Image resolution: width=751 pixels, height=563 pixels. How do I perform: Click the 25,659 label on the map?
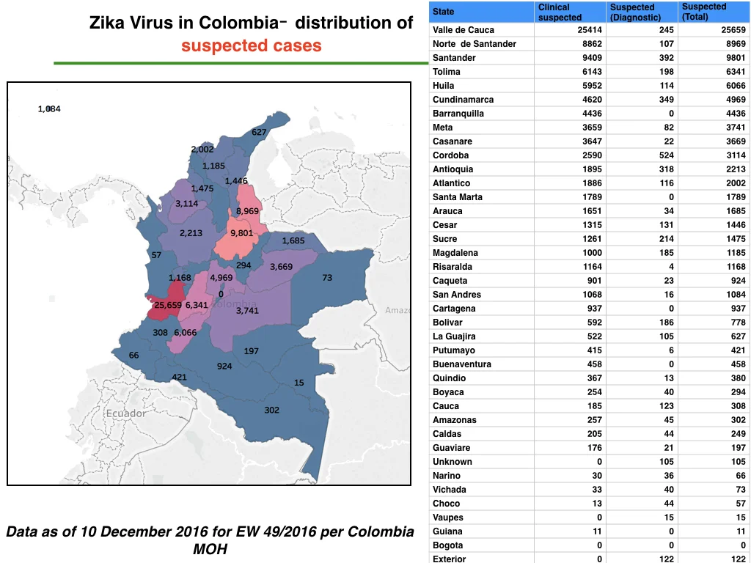[x=168, y=305]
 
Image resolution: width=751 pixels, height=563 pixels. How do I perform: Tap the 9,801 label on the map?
[x=241, y=232]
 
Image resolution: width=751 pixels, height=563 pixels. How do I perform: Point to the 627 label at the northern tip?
[x=259, y=132]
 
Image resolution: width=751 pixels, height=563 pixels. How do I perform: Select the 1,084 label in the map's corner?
[x=49, y=108]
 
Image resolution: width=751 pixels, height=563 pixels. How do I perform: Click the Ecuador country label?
[x=126, y=413]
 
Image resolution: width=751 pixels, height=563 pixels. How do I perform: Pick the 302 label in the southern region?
[x=271, y=410]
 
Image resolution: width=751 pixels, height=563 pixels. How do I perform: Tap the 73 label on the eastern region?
[x=327, y=277]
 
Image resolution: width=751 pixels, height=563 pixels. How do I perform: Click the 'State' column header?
[x=443, y=12]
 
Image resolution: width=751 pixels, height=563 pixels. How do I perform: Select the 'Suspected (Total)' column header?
[x=703, y=12]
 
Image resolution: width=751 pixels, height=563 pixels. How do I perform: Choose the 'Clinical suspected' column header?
[x=560, y=12]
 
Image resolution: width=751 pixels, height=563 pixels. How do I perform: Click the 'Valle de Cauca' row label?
[x=464, y=29]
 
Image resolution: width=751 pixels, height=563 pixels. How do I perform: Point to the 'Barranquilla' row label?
[x=458, y=114]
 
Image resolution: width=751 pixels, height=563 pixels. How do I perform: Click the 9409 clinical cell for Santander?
[x=592, y=57]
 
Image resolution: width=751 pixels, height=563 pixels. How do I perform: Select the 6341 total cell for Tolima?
[x=736, y=71]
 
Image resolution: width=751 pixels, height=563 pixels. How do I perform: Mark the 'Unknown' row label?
[x=452, y=462]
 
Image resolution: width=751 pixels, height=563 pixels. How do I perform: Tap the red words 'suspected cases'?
[x=251, y=45]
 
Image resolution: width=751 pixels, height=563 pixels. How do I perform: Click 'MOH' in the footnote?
[x=210, y=548]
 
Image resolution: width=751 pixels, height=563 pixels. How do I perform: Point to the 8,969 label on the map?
[x=247, y=210]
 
